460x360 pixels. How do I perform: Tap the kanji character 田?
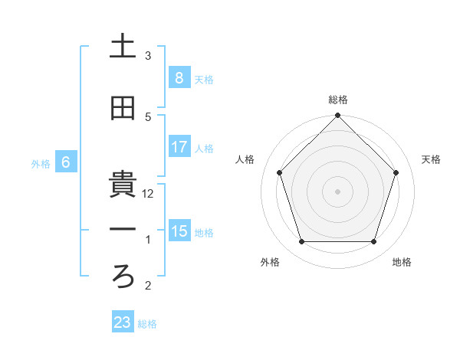click(123, 109)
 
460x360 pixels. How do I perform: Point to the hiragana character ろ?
click(123, 278)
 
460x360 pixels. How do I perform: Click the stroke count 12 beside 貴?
click(149, 194)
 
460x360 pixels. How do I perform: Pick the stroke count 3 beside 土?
click(148, 55)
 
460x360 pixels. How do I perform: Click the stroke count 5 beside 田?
click(148, 116)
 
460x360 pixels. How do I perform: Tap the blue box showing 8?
click(179, 78)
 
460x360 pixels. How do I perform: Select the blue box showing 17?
click(179, 147)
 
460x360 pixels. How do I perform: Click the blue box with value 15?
click(179, 231)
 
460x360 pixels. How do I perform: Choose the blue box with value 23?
click(123, 322)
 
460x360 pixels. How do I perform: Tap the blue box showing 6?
click(66, 162)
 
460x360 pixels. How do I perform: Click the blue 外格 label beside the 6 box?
click(41, 164)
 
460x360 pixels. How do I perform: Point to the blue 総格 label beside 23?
click(148, 324)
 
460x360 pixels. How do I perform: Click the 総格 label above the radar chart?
click(338, 100)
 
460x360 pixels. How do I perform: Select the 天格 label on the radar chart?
click(432, 159)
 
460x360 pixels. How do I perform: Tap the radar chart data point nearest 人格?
click(280, 172)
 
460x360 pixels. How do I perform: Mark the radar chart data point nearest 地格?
click(374, 242)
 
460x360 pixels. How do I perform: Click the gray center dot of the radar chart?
click(338, 191)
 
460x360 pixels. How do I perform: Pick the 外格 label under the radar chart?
click(270, 262)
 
